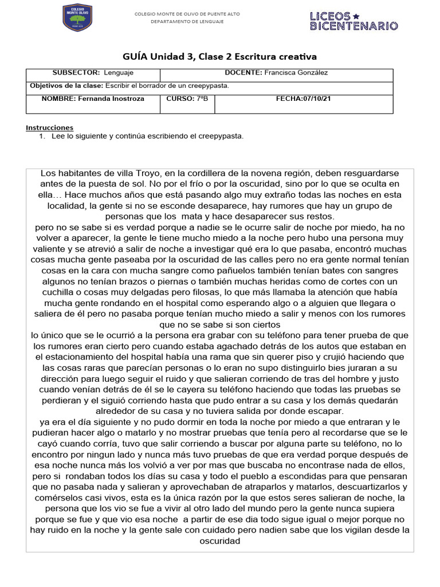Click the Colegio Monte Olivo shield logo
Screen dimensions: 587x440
[77, 18]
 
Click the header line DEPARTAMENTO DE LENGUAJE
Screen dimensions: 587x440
[187, 22]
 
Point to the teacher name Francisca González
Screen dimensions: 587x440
[296, 73]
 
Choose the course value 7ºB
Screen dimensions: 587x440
[201, 99]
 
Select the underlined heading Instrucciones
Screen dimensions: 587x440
[50, 127]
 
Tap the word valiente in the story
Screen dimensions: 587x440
[56, 249]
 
